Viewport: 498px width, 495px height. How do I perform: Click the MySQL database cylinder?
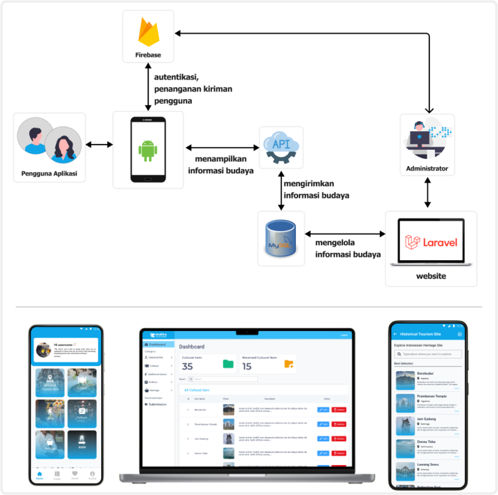[281, 238]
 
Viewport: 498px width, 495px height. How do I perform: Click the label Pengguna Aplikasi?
[49, 173]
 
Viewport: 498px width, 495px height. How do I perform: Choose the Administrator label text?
[427, 169]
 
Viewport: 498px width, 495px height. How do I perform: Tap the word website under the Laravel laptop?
[431, 276]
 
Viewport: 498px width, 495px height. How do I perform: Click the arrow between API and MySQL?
[281, 189]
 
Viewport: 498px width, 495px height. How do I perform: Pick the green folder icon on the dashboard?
[228, 364]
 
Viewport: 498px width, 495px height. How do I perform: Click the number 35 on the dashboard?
[187, 367]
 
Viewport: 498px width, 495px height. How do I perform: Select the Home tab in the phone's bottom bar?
[40, 476]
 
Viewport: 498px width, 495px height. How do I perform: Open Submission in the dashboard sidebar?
[157, 404]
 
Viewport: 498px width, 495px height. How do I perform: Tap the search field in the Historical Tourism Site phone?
[429, 354]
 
